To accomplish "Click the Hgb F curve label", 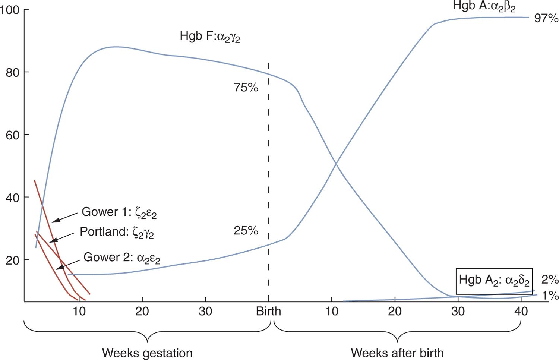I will (x=210, y=37).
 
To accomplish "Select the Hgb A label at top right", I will (x=484, y=6).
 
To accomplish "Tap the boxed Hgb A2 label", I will (x=494, y=281).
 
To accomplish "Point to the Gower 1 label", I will (x=119, y=212).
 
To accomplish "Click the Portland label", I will (x=117, y=232).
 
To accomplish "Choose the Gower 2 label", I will (x=121, y=258).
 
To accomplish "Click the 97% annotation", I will (x=546, y=18).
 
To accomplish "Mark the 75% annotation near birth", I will (x=246, y=88).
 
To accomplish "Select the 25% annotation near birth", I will (x=246, y=231).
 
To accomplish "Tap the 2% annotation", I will (x=550, y=280).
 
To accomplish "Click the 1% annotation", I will (x=550, y=296).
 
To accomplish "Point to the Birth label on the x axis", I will (x=268, y=311).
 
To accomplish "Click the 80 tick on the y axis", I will (x=12, y=72).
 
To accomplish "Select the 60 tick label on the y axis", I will (x=12, y=135).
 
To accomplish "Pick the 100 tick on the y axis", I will (x=10, y=10).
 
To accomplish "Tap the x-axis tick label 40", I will (x=521, y=311).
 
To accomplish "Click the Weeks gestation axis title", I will (x=147, y=353).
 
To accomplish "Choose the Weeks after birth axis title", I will (x=397, y=353).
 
